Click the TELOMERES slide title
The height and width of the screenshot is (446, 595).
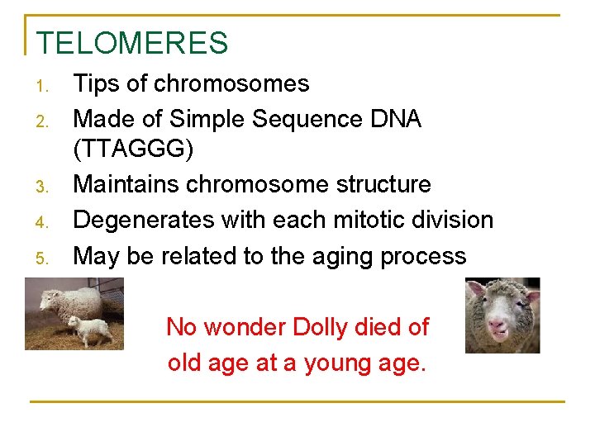click(x=132, y=43)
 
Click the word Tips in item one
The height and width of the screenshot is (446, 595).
click(x=95, y=83)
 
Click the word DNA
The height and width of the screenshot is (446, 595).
click(x=397, y=119)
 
